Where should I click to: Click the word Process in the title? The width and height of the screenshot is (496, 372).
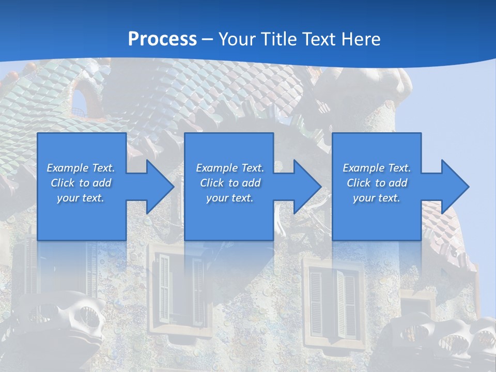[162, 39]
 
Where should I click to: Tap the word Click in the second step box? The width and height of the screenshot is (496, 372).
[212, 183]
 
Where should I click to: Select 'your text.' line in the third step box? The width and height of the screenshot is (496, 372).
[377, 198]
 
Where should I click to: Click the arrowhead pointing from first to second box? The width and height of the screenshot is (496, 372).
[158, 187]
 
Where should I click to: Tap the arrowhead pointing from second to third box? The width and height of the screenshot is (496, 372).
[305, 187]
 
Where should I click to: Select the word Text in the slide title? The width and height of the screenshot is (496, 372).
[317, 39]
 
